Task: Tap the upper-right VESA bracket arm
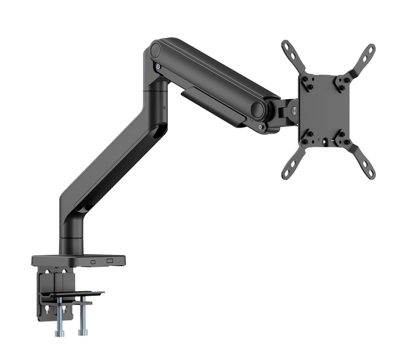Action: tap(363, 59)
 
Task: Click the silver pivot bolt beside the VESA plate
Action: tap(293, 110)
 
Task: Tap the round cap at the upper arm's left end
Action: tap(155, 50)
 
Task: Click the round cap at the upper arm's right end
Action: tap(257, 109)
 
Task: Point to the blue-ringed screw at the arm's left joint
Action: tap(158, 66)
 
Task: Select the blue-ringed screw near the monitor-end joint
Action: tap(261, 125)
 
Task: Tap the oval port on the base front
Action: tap(93, 261)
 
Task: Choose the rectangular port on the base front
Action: tap(110, 261)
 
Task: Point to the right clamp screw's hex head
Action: tap(82, 333)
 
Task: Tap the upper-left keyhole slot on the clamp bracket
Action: tap(45, 273)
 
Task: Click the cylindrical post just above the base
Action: tap(71, 244)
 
